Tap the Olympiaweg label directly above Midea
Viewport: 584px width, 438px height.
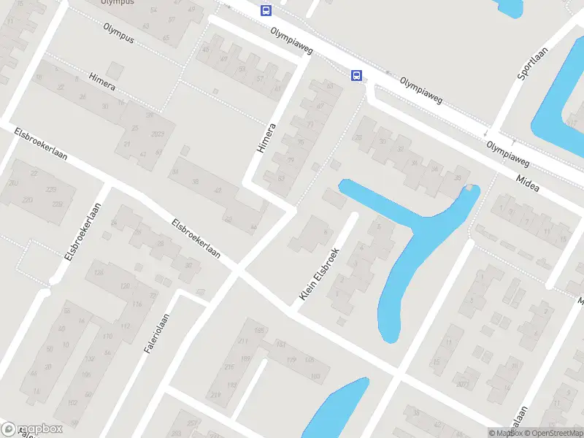click(x=508, y=153)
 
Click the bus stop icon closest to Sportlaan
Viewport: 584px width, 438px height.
click(x=357, y=75)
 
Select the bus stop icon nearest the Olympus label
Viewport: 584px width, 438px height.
click(x=266, y=10)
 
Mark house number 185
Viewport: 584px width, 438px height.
click(x=258, y=331)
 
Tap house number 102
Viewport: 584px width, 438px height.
click(x=72, y=403)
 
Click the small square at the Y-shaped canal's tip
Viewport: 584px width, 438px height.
click(x=469, y=188)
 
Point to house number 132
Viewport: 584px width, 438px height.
click(x=91, y=359)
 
